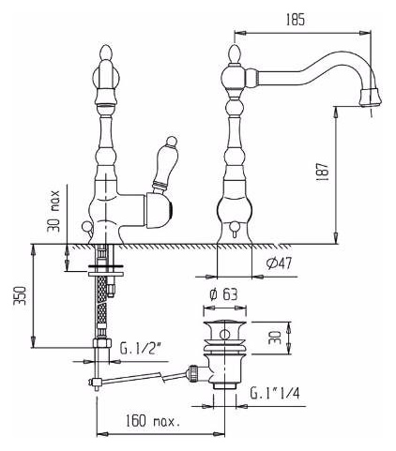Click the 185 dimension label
[295, 20]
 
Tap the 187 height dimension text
[323, 173]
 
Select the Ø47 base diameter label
[279, 263]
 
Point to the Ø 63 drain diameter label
[223, 294]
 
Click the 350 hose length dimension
[21, 295]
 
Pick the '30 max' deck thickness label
[53, 211]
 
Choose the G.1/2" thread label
[140, 349]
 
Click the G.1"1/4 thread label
[275, 393]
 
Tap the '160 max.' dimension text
[153, 422]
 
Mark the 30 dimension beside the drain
[275, 338]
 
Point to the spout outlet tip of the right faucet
[370, 98]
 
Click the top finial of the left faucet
[105, 53]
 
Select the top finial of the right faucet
[236, 53]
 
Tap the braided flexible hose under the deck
[102, 301]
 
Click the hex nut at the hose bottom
[102, 342]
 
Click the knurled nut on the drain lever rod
[192, 372]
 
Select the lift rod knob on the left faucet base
[85, 227]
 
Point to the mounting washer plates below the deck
[106, 270]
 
